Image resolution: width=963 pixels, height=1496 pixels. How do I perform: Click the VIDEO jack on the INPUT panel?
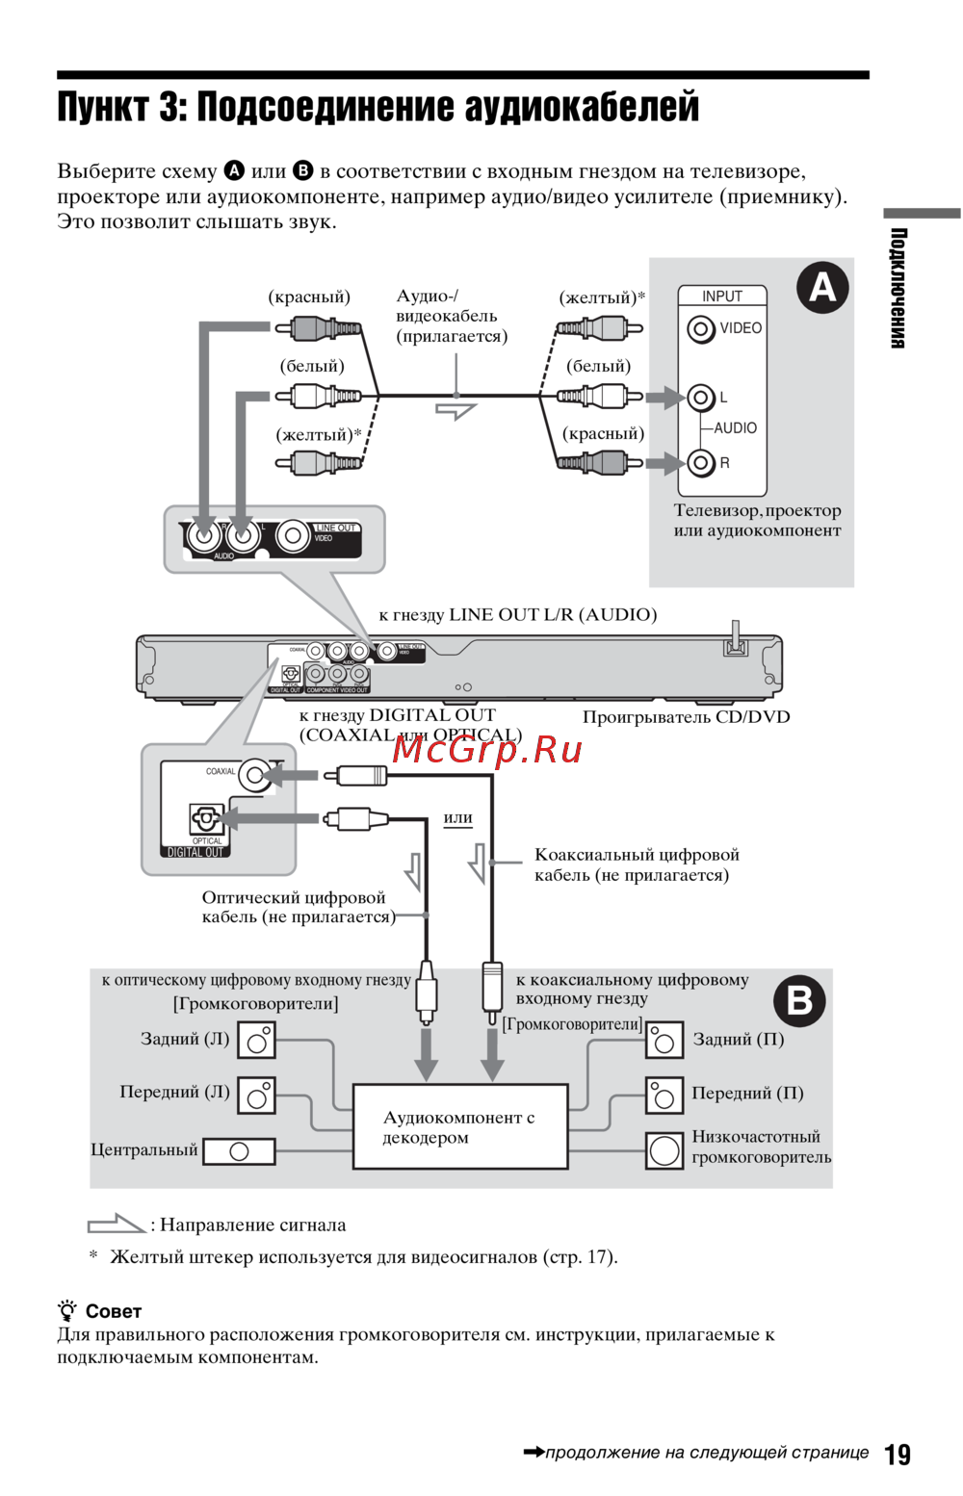pos(700,329)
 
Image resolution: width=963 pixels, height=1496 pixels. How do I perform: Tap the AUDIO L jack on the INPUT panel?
pos(700,397)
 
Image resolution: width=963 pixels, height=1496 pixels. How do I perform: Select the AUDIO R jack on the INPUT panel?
pos(700,463)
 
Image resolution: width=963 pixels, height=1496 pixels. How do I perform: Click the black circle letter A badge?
pos(822,287)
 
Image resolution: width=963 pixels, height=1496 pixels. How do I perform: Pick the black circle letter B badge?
pos(799,1000)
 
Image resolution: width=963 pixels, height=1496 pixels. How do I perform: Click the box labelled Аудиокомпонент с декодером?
pos(460,1126)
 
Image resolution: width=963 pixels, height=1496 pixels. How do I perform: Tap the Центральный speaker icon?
pos(239,1151)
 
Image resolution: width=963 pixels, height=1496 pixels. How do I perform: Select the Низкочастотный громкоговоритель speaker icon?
pos(664,1150)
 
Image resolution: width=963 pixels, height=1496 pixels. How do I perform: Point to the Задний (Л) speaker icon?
pos(257,1041)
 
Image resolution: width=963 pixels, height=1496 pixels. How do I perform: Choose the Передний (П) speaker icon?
pos(664,1096)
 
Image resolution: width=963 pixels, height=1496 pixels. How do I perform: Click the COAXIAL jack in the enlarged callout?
pos(254,774)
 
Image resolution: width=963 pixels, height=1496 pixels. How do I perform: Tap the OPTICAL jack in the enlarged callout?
pos(205,820)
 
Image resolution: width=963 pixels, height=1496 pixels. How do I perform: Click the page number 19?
pos(898,1454)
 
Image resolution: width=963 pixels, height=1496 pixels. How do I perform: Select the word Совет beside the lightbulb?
pos(113,1311)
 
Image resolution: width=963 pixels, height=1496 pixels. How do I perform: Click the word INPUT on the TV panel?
pos(722,297)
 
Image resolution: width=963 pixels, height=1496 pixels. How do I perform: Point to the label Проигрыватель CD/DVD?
pos(686,717)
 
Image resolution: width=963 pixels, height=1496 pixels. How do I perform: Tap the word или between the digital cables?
pos(457,818)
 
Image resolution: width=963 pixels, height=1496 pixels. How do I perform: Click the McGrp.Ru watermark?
pos(487,748)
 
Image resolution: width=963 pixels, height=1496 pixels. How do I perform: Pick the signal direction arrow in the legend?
pos(116,1225)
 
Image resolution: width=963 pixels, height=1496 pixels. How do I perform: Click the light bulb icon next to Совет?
pos(67,1310)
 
